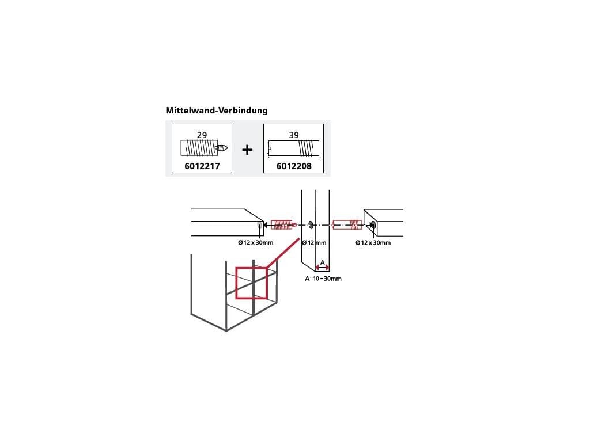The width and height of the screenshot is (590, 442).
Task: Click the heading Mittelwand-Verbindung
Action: tap(217, 110)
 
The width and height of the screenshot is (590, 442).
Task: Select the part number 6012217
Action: tap(202, 166)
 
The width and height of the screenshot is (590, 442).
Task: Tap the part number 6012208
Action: tap(293, 166)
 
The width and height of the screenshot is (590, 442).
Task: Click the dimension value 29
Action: tap(202, 135)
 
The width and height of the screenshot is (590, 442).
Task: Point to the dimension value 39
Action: tap(294, 135)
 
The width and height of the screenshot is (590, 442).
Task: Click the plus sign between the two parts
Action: tap(247, 150)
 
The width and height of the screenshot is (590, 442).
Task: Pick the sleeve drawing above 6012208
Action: tap(293, 148)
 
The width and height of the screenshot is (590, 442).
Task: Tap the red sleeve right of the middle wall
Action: tap(346, 224)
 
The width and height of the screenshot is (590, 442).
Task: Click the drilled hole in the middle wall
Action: tap(311, 224)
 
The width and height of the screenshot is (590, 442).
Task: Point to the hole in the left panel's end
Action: tap(259, 225)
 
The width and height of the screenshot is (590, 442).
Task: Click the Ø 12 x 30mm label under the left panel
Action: tap(255, 243)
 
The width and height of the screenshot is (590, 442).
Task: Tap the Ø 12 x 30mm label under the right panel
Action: tap(373, 243)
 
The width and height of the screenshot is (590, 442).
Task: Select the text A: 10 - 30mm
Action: tap(323, 279)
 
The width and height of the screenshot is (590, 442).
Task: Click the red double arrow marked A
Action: tap(322, 268)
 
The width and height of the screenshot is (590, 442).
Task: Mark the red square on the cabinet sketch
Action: tap(251, 283)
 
